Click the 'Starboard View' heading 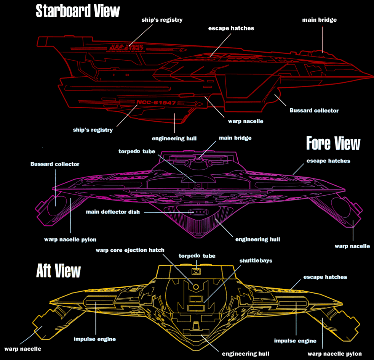(78, 11)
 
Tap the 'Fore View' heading (333, 144)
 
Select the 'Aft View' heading (58, 270)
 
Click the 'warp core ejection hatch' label (130, 250)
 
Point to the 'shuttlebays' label (256, 261)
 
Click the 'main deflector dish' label (112, 212)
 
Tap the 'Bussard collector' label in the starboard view (314, 111)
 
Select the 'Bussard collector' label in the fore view (55, 164)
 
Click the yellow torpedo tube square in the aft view (196, 272)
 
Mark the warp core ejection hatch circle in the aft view (196, 286)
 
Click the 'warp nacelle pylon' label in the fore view (70, 239)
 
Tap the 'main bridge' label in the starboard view (319, 19)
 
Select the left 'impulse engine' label (94, 339)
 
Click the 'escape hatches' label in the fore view (328, 161)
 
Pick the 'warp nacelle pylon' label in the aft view (334, 354)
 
